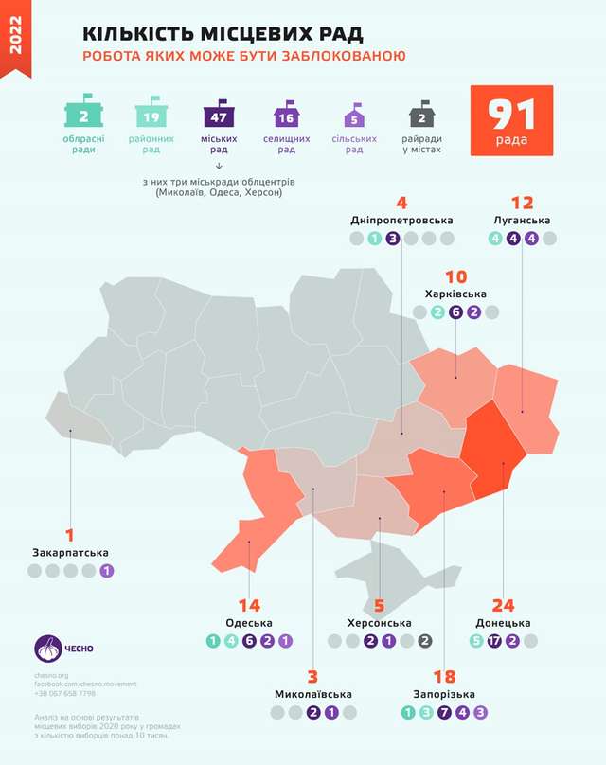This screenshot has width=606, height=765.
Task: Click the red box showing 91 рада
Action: [x=512, y=120]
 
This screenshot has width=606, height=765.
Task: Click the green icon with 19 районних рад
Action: [x=151, y=116]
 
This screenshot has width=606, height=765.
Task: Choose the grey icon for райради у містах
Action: [x=421, y=116]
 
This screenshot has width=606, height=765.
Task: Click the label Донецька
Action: [x=503, y=623]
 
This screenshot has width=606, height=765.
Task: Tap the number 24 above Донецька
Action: [x=503, y=604]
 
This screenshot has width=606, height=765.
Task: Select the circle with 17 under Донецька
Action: [x=494, y=641]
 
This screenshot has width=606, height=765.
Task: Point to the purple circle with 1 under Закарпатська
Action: [x=107, y=571]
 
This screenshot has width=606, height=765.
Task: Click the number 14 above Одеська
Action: [x=250, y=604]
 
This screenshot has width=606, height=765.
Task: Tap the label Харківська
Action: [x=456, y=294]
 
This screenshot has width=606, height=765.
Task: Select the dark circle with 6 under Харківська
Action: [x=456, y=312]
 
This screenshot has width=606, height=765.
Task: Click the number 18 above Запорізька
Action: [x=443, y=676]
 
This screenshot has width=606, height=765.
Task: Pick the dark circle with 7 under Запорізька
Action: [x=444, y=713]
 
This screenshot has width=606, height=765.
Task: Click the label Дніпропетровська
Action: [x=401, y=221]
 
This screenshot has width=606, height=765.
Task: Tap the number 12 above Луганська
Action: [x=522, y=203]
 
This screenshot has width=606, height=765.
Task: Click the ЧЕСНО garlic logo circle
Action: [x=47, y=649]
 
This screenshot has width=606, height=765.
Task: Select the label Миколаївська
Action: [x=312, y=695]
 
